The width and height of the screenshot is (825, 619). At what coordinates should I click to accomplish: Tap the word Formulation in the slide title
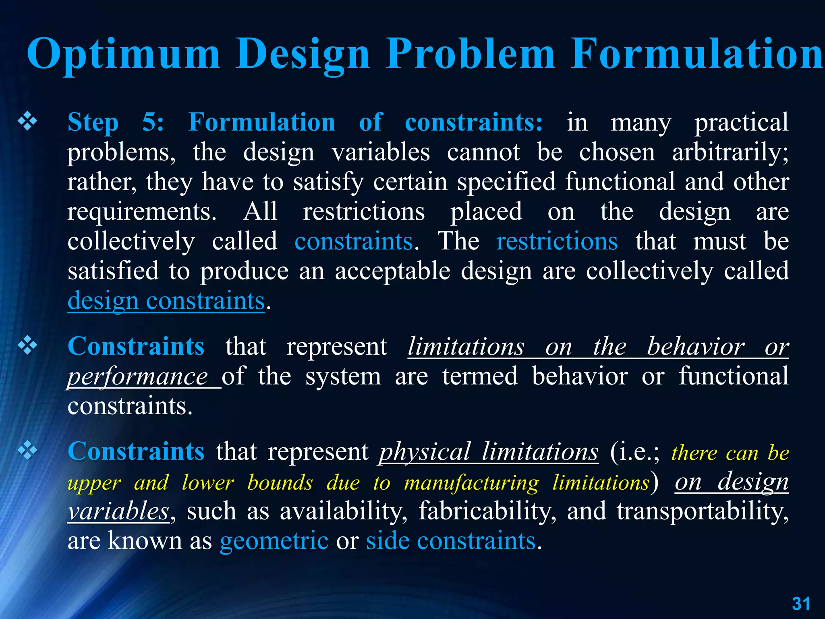[x=697, y=54]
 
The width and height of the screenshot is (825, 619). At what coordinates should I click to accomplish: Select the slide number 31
[x=801, y=604]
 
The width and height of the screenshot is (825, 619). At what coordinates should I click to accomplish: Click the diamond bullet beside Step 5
[x=27, y=122]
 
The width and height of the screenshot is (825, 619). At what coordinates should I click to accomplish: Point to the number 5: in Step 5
[x=153, y=122]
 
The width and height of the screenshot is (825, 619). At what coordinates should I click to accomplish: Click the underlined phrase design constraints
[x=166, y=301]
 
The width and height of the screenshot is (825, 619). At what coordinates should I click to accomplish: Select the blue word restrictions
[x=557, y=241]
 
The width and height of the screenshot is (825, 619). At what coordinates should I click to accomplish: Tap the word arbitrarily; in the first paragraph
[x=730, y=153]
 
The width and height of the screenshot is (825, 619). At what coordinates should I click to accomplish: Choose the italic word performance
[x=137, y=377]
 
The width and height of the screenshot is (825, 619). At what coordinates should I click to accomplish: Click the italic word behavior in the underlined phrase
[x=696, y=347]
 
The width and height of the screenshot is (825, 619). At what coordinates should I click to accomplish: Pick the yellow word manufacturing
[x=471, y=482]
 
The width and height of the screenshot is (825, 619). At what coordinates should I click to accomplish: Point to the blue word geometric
[x=274, y=541]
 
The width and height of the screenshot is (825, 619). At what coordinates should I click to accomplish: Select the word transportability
[x=702, y=511]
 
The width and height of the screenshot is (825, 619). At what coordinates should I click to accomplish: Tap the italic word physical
[x=425, y=452]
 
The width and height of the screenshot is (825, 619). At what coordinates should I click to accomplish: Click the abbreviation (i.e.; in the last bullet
[x=634, y=452]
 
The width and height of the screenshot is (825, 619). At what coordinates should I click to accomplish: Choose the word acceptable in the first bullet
[x=392, y=271]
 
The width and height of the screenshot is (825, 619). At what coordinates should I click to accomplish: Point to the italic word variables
[x=118, y=511]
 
